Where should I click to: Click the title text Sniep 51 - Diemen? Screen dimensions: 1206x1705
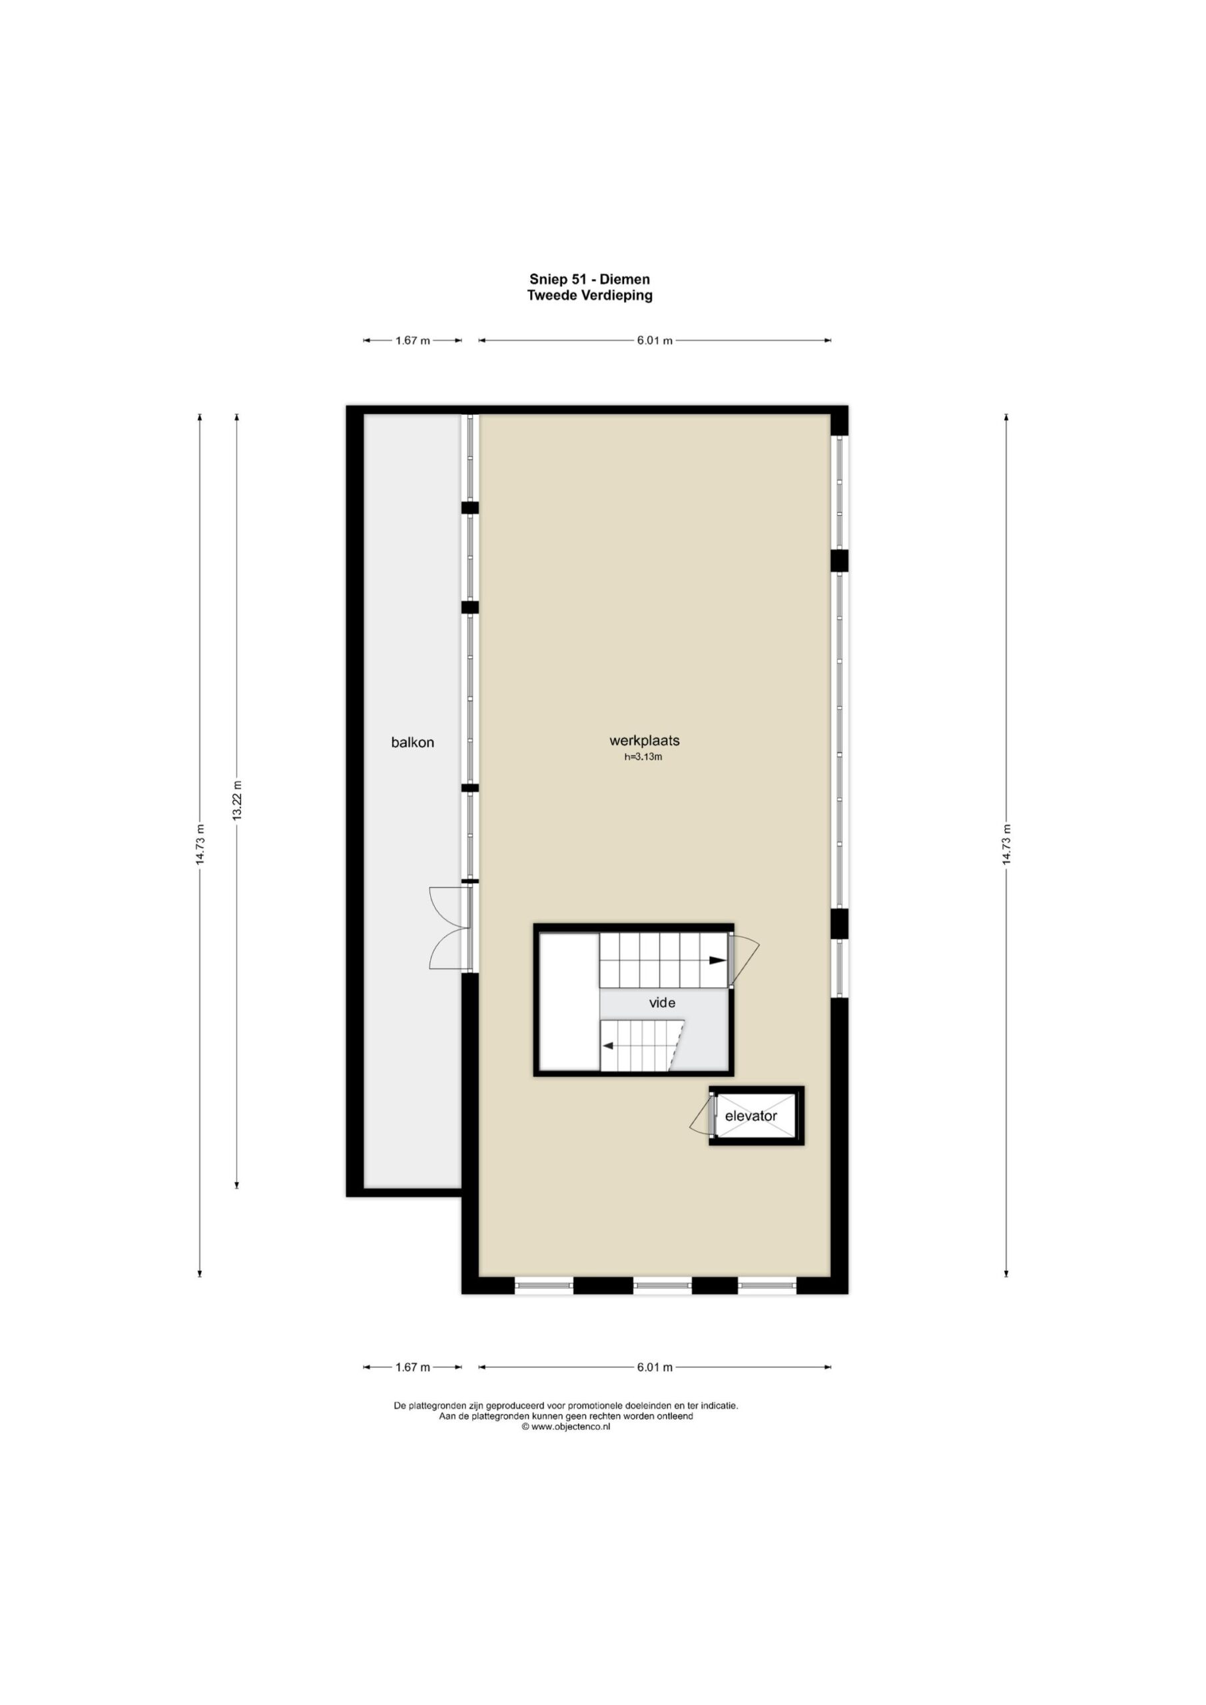click(x=589, y=279)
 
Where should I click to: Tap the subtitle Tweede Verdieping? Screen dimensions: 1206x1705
click(x=589, y=295)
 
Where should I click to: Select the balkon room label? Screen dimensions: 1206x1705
click(x=412, y=742)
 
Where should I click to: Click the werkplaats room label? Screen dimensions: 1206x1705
click(x=645, y=741)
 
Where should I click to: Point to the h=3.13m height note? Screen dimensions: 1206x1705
click(x=643, y=757)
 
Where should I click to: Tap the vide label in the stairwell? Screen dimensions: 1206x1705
click(x=663, y=1002)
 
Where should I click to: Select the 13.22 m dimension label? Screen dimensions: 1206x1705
click(x=237, y=800)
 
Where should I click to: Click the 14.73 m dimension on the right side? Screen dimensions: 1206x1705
click(x=1006, y=845)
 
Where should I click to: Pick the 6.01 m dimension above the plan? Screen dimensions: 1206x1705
click(x=655, y=341)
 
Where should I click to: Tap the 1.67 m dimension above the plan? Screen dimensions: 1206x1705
click(x=412, y=341)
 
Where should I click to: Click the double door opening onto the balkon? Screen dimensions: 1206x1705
click(x=451, y=928)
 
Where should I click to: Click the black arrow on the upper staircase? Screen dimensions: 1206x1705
click(x=717, y=960)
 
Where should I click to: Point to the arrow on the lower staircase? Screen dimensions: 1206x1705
click(x=607, y=1046)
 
